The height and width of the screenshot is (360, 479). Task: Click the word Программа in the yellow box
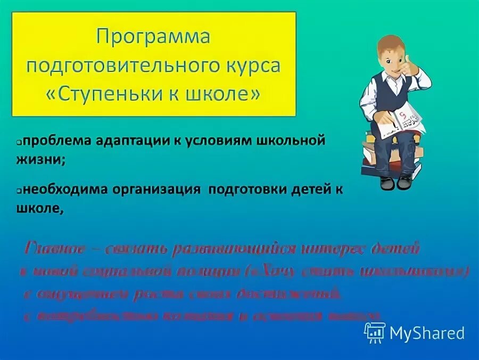pos(153,38)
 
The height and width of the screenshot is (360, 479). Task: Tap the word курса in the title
pos(252,66)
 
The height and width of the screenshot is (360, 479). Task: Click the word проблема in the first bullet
pos(57,143)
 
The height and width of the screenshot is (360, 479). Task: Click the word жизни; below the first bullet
pos(41,160)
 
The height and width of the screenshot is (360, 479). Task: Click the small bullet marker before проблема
pos(19,143)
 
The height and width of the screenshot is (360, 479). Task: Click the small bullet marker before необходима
pos(19,191)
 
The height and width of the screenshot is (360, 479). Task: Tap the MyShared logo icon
pos(375,333)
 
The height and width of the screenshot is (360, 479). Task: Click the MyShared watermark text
pos(427,333)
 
